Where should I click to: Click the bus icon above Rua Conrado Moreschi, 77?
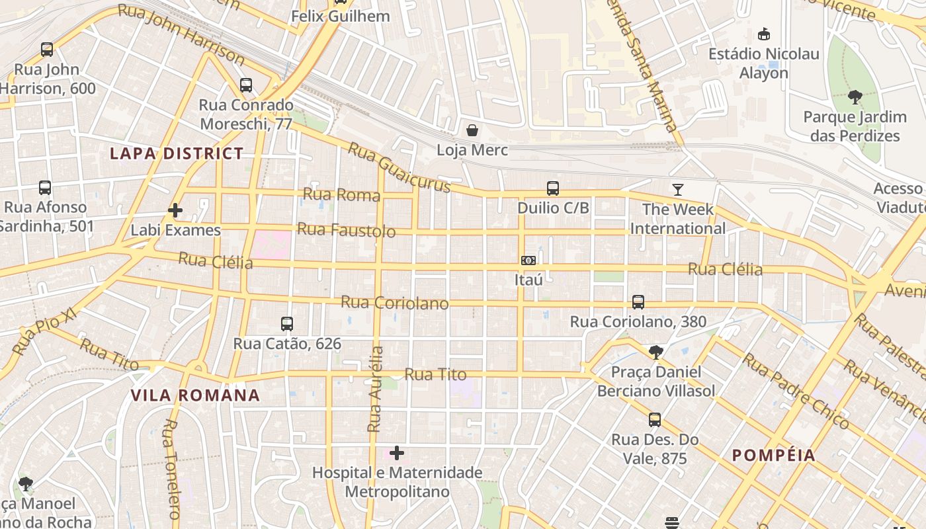coord(246,85)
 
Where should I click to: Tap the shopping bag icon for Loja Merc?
coord(472,130)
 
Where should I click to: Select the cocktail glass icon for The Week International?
coord(678,190)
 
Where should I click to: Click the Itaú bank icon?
coord(528,261)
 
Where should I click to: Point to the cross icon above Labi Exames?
coord(175,210)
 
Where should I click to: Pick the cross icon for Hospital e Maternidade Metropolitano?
coord(397,453)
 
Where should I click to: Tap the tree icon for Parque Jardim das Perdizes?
coord(855,98)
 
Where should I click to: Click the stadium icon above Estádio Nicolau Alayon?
coord(764,34)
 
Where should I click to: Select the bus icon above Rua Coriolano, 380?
coord(638,302)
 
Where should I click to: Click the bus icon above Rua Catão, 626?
coord(287,324)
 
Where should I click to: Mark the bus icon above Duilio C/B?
coord(553,188)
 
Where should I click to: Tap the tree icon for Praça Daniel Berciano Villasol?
coord(655,352)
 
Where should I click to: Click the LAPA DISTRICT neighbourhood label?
coord(177,154)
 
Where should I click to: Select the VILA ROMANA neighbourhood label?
coord(195,395)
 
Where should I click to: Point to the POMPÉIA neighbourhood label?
coord(774,456)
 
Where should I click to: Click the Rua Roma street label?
coord(341,194)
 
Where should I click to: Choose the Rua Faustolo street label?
coord(346,230)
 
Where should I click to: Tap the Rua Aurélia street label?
coord(375,389)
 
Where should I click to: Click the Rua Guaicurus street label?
coord(399,168)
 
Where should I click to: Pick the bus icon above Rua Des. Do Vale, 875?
coord(655,420)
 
